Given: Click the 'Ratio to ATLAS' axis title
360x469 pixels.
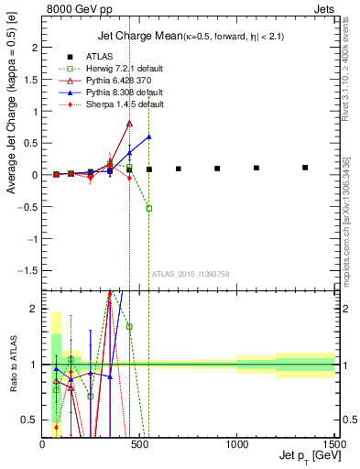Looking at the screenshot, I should tap(13, 364).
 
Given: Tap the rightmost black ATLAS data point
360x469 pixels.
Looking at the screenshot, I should tap(305, 168).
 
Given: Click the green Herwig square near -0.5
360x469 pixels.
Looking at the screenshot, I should tap(148, 208).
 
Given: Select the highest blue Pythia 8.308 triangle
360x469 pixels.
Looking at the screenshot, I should tap(148, 136).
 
